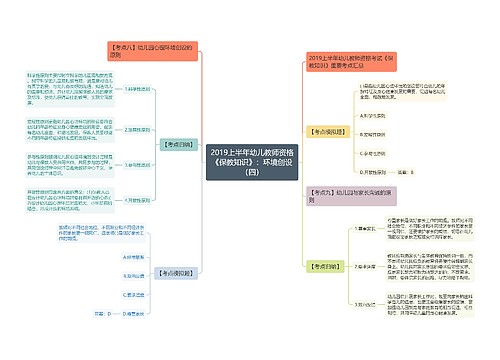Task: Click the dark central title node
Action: click(249, 160)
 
